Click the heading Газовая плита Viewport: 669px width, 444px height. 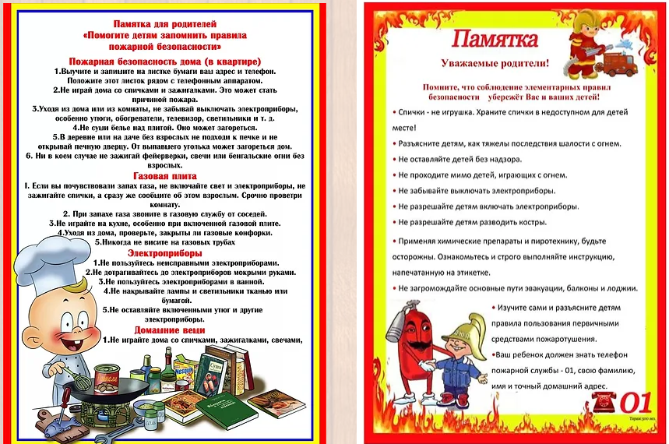(x=164, y=176)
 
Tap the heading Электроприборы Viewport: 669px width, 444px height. (x=164, y=252)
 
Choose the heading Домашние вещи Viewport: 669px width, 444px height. (x=164, y=329)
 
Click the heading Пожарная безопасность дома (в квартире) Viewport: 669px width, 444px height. (x=164, y=61)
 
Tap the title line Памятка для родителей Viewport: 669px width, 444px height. (x=164, y=25)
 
